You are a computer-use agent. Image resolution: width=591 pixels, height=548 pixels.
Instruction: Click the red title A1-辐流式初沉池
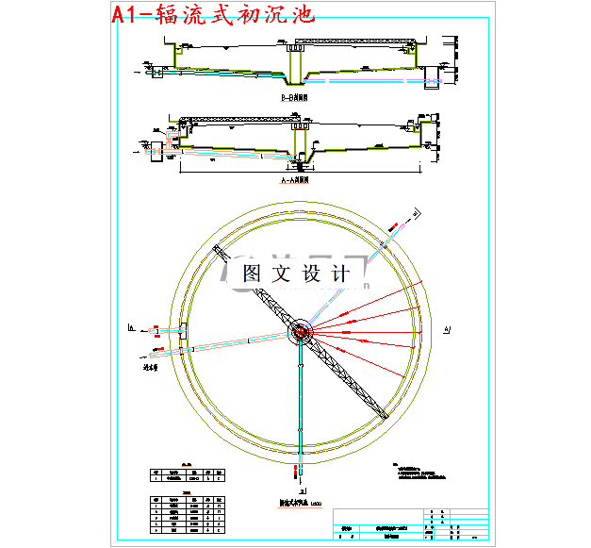pyautogui.click(x=212, y=15)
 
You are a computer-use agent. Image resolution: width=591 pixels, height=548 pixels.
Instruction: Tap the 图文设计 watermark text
pyautogui.click(x=296, y=274)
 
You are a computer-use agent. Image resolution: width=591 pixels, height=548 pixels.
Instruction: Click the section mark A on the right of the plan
pyautogui.click(x=447, y=328)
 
